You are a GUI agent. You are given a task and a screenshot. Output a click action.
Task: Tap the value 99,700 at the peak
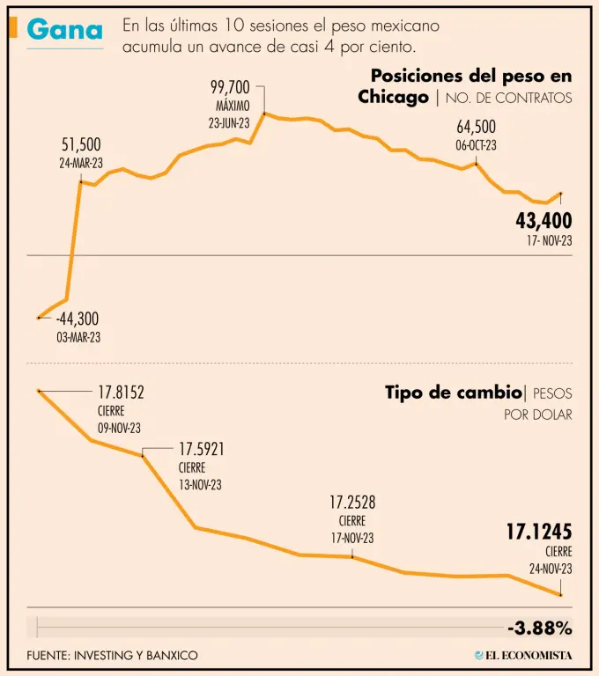(230, 87)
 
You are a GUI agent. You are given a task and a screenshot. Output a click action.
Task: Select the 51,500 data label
(81, 144)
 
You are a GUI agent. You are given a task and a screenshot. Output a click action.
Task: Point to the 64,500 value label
(476, 127)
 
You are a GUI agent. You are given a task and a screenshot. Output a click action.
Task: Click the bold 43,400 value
(544, 220)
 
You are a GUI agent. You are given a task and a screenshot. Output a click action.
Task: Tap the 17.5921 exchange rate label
(201, 450)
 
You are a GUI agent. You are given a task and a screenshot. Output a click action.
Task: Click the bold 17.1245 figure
(538, 532)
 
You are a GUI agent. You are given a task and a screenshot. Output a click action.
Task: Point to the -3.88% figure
(540, 628)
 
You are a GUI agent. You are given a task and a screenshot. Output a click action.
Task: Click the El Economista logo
(523, 655)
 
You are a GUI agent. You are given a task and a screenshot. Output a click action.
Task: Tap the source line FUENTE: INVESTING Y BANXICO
(112, 655)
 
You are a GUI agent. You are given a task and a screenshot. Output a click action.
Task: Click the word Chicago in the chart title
(393, 97)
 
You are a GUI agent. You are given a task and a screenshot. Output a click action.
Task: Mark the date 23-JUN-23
(230, 123)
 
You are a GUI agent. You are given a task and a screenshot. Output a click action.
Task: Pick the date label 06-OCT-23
(476, 145)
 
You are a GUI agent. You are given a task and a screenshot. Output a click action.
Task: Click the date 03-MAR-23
(79, 337)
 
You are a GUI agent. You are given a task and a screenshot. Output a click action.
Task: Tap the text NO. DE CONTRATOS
(508, 98)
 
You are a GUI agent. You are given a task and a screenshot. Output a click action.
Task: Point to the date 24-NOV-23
(551, 569)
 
